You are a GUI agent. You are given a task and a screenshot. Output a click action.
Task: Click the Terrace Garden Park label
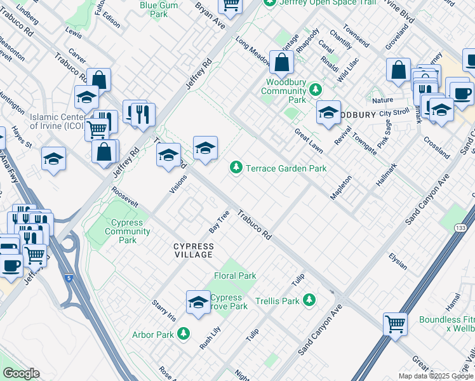[286, 168]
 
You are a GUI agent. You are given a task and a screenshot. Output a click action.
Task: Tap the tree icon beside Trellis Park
[309, 299]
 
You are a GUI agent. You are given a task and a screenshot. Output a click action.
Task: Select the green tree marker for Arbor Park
[184, 333]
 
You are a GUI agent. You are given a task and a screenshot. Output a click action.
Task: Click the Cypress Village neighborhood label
[194, 250]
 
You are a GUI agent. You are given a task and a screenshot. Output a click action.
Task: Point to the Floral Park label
[235, 276]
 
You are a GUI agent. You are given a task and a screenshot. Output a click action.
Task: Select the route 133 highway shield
[460, 227]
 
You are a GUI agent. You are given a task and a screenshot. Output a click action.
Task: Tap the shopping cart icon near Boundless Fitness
[395, 324]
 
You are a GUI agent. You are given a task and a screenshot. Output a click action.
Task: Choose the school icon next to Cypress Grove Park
[198, 303]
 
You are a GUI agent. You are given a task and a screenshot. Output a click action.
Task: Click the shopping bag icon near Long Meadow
[281, 62]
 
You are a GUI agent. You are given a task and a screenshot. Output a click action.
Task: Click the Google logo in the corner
[21, 373]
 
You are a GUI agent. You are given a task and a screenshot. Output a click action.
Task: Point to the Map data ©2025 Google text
[436, 376]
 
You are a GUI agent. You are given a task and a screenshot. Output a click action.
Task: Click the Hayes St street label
[21, 141]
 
